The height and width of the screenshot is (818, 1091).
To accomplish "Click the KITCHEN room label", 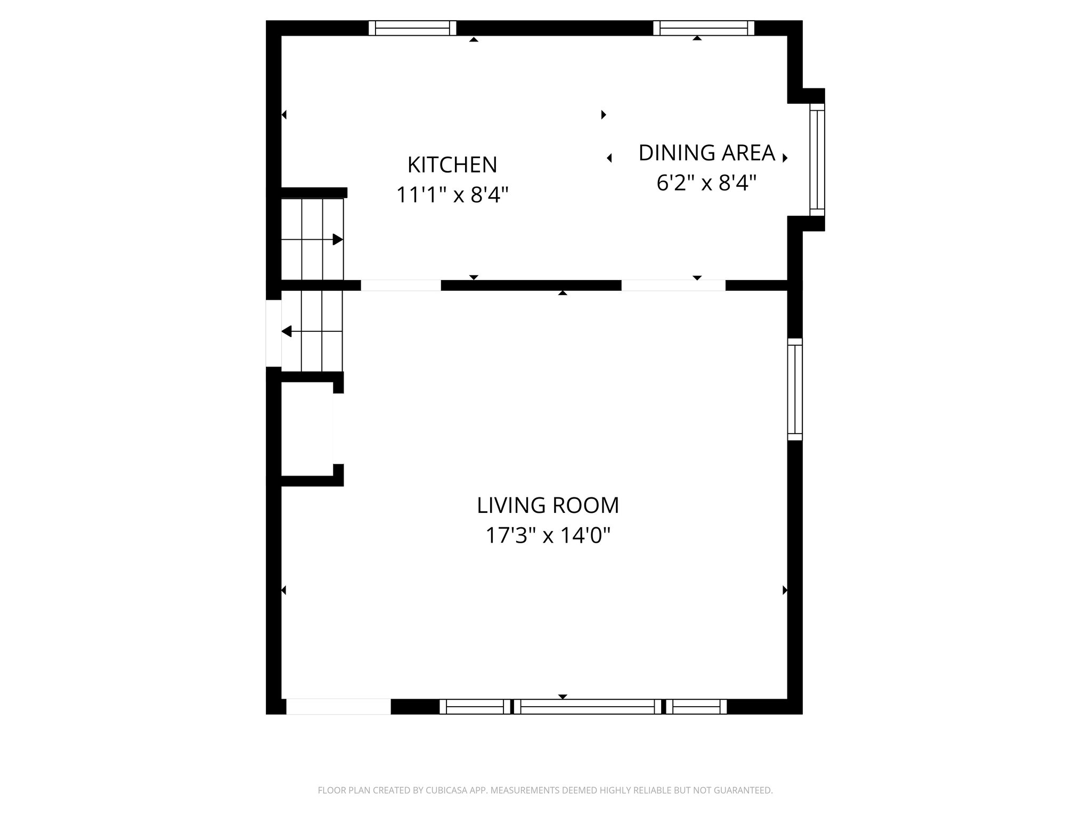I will (x=452, y=165).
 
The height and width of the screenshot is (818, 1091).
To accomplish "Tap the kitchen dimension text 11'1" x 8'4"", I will (x=452, y=195).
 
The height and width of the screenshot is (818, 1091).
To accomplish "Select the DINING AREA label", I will (x=706, y=153).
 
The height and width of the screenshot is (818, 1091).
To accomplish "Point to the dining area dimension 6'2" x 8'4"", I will (x=706, y=184).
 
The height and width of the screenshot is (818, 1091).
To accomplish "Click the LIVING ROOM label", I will (x=548, y=505).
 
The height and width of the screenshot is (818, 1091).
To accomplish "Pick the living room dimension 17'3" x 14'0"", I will (x=548, y=536).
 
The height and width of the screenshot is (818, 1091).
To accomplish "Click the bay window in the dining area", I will (x=817, y=160).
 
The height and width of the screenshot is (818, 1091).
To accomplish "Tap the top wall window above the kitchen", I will (x=412, y=28).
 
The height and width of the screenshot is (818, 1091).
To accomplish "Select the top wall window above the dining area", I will (x=703, y=28).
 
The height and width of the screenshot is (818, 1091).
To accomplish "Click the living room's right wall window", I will (x=795, y=389).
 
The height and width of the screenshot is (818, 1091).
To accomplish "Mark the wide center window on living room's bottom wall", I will (x=588, y=707).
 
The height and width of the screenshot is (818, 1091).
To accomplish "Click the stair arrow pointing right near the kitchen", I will (x=337, y=240).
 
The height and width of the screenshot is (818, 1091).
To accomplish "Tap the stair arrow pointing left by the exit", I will (x=287, y=332).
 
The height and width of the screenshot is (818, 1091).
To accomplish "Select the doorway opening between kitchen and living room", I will (x=401, y=285).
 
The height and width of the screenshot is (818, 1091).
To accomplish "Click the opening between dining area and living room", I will (x=673, y=285).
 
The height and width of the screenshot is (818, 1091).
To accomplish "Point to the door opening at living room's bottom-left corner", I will (x=338, y=707).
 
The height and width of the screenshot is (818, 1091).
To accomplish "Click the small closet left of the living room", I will (x=307, y=429).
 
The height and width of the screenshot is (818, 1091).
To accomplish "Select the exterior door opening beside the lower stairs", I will (x=273, y=333).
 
